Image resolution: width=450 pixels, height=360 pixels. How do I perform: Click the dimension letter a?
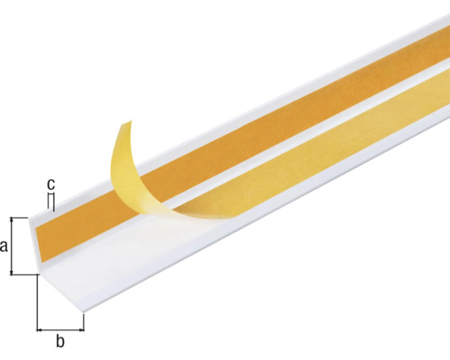point(5,246)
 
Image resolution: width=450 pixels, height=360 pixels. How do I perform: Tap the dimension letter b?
point(60,341)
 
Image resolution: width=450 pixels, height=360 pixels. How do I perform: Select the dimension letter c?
point(51,184)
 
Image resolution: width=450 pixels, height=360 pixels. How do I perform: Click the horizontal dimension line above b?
point(60,328)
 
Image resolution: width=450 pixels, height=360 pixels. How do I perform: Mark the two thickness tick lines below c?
point(53,203)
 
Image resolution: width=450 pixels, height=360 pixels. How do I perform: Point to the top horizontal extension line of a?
point(22,217)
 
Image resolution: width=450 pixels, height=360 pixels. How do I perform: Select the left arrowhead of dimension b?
point(40,328)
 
